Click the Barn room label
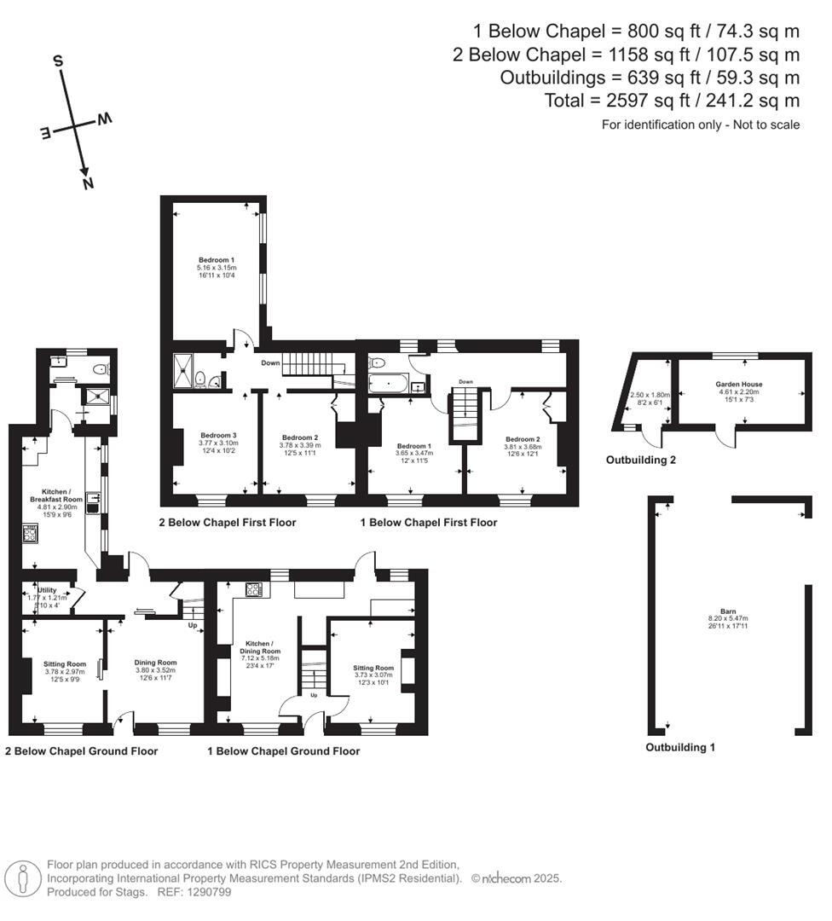click(727, 611)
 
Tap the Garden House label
click(738, 385)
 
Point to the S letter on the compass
click(58, 61)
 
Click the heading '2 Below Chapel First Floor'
click(228, 522)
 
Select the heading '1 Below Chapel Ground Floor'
click(284, 751)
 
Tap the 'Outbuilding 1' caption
click(679, 747)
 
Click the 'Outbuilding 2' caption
click(641, 460)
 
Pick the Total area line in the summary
click(672, 101)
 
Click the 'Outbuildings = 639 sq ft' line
click(649, 78)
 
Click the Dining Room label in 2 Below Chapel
click(156, 662)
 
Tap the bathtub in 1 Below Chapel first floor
click(390, 383)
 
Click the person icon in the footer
click(23, 878)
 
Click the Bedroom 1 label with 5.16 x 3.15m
click(216, 260)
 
